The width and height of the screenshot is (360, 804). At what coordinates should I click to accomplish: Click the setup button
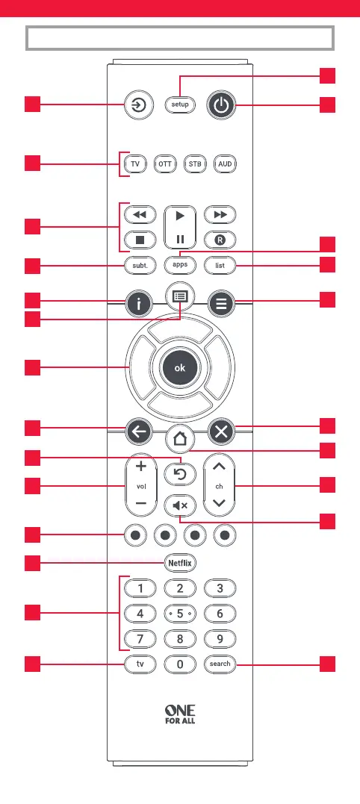point(180,105)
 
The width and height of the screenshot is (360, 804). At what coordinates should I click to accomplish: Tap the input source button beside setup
point(140,105)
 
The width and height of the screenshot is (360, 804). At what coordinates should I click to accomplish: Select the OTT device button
point(165,164)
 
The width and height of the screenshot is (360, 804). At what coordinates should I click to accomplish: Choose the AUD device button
point(225,164)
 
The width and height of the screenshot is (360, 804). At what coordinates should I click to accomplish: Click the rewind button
point(140,215)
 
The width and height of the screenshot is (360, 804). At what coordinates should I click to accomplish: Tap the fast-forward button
point(220,215)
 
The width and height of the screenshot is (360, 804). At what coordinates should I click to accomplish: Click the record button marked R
point(220,240)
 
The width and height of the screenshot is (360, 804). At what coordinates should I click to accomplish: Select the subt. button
point(140,266)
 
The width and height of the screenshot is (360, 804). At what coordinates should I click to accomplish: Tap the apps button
point(180,265)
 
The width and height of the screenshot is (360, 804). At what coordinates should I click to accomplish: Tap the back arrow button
point(140,431)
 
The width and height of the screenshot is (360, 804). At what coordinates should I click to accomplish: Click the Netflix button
point(180,563)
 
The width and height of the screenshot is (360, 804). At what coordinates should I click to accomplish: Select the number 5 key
point(180,614)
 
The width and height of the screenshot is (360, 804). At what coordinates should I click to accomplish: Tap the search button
point(220,664)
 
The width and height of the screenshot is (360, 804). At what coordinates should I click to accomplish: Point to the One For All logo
point(180,714)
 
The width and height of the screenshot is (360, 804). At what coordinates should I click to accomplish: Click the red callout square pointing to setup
point(328,75)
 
